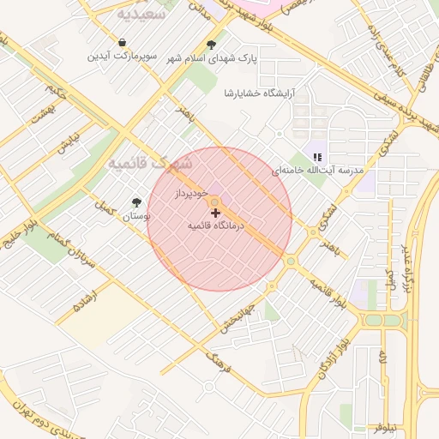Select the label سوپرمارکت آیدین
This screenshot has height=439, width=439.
tap(122, 57)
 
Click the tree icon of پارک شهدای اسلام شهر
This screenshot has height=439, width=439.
tap(211, 45)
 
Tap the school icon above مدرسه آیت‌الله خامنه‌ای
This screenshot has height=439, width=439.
tap(317, 157)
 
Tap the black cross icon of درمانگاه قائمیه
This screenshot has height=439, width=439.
tap(214, 212)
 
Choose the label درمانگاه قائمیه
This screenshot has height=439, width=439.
tap(217, 226)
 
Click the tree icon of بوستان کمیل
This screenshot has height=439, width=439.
tap(136, 202)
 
